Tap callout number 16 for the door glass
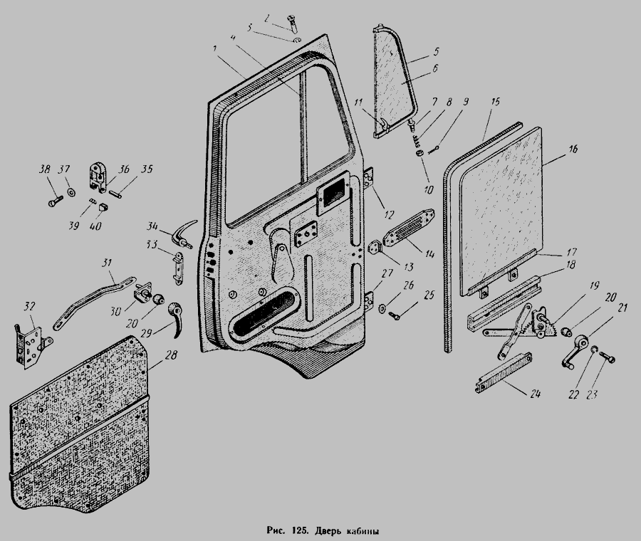coord(573,149)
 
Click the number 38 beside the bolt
coord(44,169)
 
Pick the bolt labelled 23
coord(608,359)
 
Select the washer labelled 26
coord(382,308)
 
